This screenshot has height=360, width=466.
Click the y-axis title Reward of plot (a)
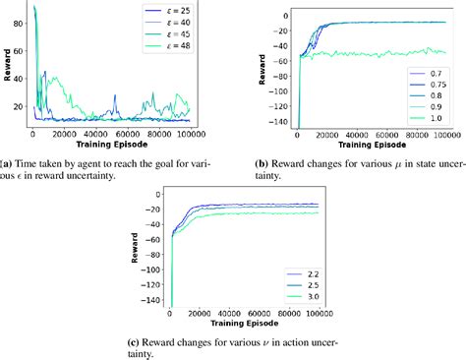[x=7, y=66]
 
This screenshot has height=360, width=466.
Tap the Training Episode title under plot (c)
[x=246, y=327]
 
